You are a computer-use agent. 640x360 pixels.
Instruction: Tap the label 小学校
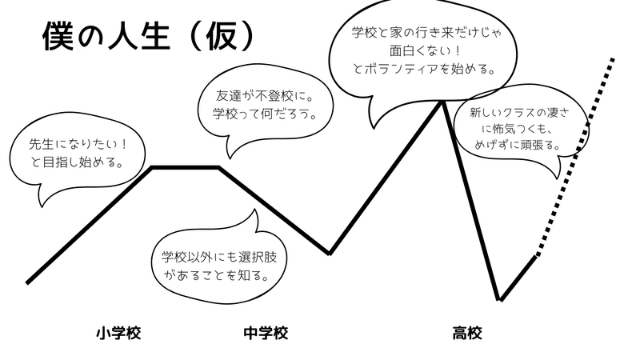(118, 331)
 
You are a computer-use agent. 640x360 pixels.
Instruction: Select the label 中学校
(265, 331)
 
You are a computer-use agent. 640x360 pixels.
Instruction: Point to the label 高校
(466, 331)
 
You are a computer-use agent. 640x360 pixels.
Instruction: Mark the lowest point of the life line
(501, 300)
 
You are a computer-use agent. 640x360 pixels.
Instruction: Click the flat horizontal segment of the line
(186, 167)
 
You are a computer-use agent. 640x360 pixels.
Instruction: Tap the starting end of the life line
(28, 282)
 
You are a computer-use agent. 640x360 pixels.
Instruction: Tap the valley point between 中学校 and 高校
(330, 254)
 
